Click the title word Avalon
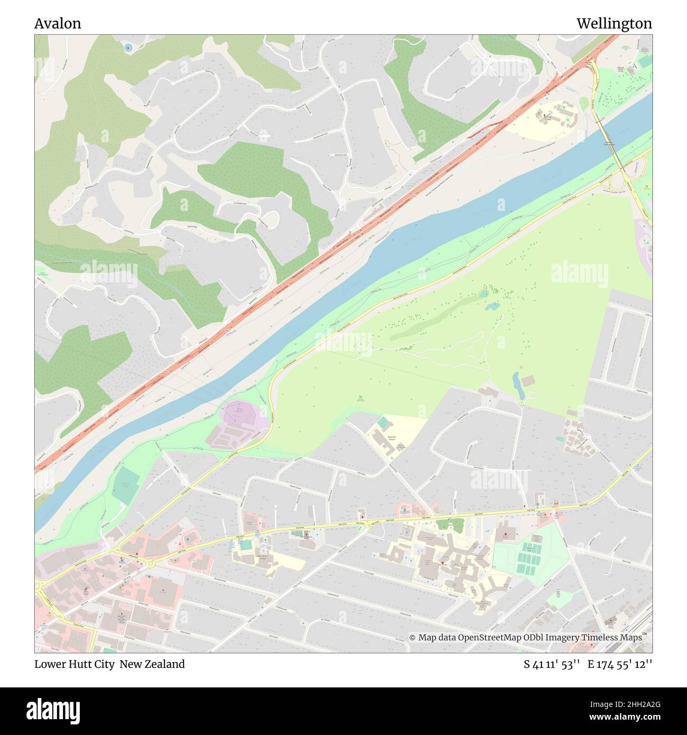point(58,23)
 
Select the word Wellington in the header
point(614,23)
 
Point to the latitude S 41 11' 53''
point(552,664)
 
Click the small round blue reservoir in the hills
point(128,48)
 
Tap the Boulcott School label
point(392,438)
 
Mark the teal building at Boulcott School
point(383,422)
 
